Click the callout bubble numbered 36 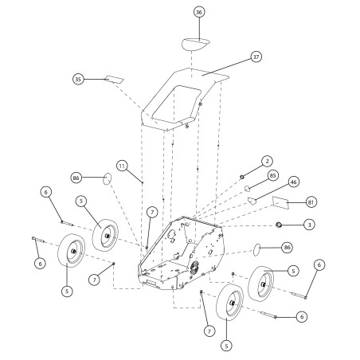199,12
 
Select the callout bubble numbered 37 256,57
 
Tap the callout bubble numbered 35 78,79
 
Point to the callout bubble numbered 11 122,166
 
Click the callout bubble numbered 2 267,161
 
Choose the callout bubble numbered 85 273,175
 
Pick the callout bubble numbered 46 293,182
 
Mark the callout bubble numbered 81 311,202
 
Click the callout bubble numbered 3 309,225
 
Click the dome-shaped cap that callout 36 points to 195,45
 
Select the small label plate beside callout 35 114,79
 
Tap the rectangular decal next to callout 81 280,202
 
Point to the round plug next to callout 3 278,225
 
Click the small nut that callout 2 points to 242,177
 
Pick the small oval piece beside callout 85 248,189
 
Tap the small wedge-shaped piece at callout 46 252,201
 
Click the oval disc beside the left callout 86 107,178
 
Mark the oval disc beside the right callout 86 256,249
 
